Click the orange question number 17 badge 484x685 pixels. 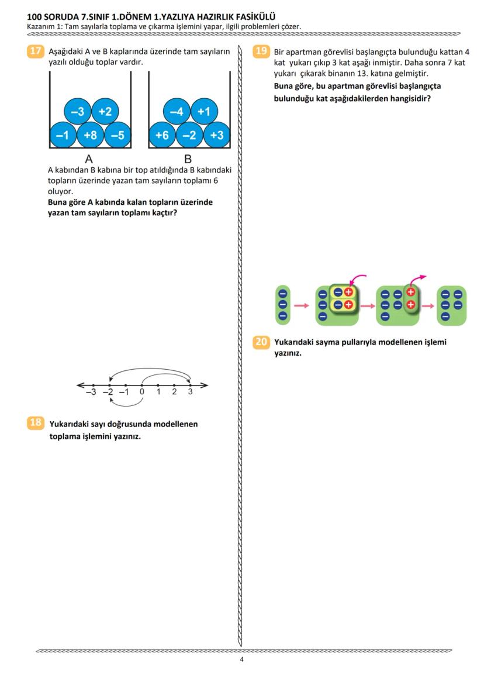click(x=35, y=51)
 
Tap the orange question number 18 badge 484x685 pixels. click(x=35, y=422)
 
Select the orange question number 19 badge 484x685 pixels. click(x=261, y=51)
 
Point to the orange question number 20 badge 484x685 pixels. click(x=261, y=342)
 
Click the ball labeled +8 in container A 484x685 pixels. click(x=90, y=136)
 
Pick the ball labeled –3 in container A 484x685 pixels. click(x=77, y=111)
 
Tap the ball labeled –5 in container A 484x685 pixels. click(x=117, y=136)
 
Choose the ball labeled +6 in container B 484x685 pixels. click(x=163, y=136)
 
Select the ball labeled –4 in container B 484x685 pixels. click(x=177, y=111)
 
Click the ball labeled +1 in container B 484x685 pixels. click(x=203, y=111)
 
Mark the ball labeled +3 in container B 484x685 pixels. click(x=216, y=136)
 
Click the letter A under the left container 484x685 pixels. click(x=89, y=159)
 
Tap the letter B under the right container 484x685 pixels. click(x=188, y=159)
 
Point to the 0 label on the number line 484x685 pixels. click(x=142, y=392)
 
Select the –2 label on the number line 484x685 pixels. click(x=108, y=392)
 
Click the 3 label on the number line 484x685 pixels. click(x=190, y=392)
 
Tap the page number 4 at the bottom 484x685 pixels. click(x=241, y=660)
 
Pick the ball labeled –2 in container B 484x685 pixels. click(x=189, y=136)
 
